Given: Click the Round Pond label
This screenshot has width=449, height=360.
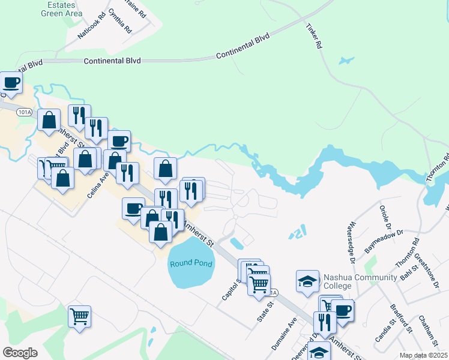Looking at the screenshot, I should pos(191,264).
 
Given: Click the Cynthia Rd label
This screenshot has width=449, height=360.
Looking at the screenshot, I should pos(120,21).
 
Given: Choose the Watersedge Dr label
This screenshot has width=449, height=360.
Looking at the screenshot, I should pos(351,243).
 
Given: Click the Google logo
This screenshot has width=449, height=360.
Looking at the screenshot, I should pos(20,353).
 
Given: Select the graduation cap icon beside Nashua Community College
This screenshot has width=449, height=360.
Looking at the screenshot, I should pos(307,280).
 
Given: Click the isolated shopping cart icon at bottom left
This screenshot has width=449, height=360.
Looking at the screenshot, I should pos(79,316).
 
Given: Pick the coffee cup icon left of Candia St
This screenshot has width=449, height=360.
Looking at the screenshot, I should pos(343,310).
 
